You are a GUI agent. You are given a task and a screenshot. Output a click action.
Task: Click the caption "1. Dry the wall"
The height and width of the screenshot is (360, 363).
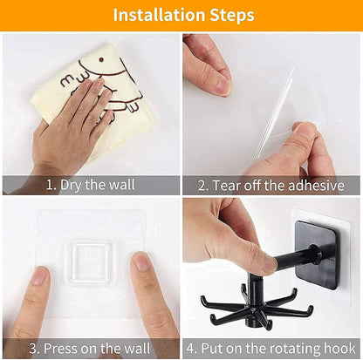point(90,185)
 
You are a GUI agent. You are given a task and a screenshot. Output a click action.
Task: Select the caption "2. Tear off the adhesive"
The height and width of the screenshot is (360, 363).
point(271,185)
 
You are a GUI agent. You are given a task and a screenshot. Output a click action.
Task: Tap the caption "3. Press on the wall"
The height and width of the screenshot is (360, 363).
point(90,349)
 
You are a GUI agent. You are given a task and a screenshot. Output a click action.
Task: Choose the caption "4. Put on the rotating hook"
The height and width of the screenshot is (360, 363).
point(271,349)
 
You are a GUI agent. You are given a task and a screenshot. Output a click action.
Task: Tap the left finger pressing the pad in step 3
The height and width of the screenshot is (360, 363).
point(38,301)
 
